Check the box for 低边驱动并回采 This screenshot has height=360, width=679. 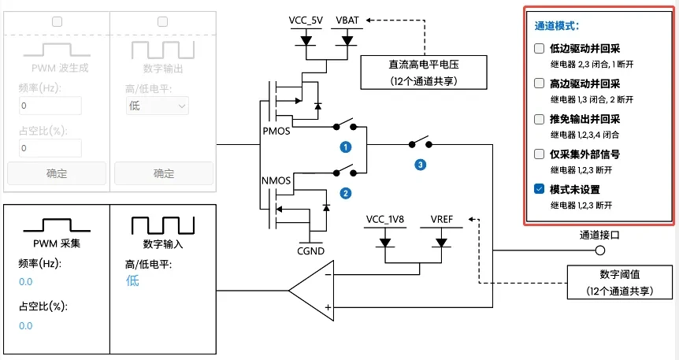[x=539, y=48]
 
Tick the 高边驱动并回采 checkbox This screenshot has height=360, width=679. [x=539, y=84]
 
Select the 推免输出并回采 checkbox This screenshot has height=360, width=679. [x=539, y=119]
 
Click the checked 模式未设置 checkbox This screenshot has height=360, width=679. [x=539, y=189]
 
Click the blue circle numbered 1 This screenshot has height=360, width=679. [x=345, y=147]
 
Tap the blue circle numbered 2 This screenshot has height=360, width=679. [x=345, y=192]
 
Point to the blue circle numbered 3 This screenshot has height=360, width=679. [x=420, y=165]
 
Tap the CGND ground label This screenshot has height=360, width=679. [x=310, y=252]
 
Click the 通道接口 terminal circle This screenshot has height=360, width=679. [x=600, y=251]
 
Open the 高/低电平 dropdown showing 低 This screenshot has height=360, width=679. [x=158, y=106]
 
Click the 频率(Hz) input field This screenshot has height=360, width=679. [x=50, y=106]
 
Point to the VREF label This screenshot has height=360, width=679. [x=443, y=218]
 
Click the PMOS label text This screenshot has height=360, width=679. [x=276, y=131]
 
